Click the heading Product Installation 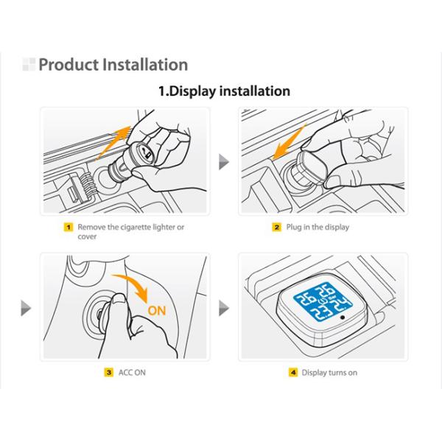[x=113, y=65]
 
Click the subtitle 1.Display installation [x=225, y=91]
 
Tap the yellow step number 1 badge [x=69, y=228]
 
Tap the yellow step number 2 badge [x=277, y=228]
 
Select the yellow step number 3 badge [x=108, y=373]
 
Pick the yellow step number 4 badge [x=292, y=373]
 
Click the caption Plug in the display [x=317, y=228]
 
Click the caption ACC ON [x=132, y=373]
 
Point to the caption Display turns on [x=329, y=373]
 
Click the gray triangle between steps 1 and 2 [x=224, y=162]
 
